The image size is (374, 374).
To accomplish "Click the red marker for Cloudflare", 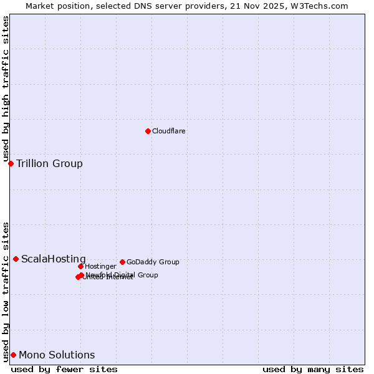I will (x=148, y=131).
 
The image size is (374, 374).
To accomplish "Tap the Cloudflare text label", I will (x=169, y=131).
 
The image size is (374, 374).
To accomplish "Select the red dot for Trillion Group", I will (x=11, y=163).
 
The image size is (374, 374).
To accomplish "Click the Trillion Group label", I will (x=49, y=164).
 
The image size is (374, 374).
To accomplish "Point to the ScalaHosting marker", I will (x=16, y=259).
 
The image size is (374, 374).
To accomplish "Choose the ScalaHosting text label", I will (x=54, y=259).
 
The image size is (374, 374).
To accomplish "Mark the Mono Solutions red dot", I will (x=13, y=355).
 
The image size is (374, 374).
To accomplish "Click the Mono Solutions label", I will (x=57, y=355).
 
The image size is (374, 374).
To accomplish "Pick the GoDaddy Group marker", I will (x=122, y=262).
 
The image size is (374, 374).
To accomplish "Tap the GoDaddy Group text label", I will (x=153, y=262).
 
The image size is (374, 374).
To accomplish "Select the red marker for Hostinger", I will (x=80, y=266).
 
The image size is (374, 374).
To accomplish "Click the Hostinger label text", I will (x=100, y=266).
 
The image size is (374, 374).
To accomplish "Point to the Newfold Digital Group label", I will (x=122, y=274).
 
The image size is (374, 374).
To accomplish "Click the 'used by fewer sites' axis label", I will (x=64, y=369).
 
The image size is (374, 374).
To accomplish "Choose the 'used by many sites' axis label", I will (x=313, y=369).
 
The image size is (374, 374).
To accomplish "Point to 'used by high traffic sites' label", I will (x=6, y=89).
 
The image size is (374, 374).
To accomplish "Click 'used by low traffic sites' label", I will (x=6, y=291).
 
